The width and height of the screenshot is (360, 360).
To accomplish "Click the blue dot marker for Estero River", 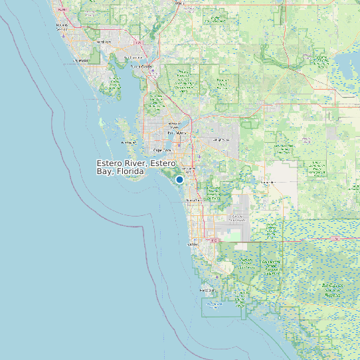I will click(x=179, y=179).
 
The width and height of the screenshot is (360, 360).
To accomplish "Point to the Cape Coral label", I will click(x=163, y=150).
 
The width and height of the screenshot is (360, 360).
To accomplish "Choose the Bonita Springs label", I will click(x=195, y=200).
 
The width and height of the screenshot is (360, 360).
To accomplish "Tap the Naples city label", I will click(x=193, y=244).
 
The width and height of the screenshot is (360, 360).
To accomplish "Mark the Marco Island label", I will click(x=208, y=290).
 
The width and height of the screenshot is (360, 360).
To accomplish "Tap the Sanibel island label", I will click(x=129, y=142).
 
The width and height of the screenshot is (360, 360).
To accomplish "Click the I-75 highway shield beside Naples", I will click(x=213, y=240).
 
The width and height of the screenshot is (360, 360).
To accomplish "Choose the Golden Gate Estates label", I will click(x=236, y=217).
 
